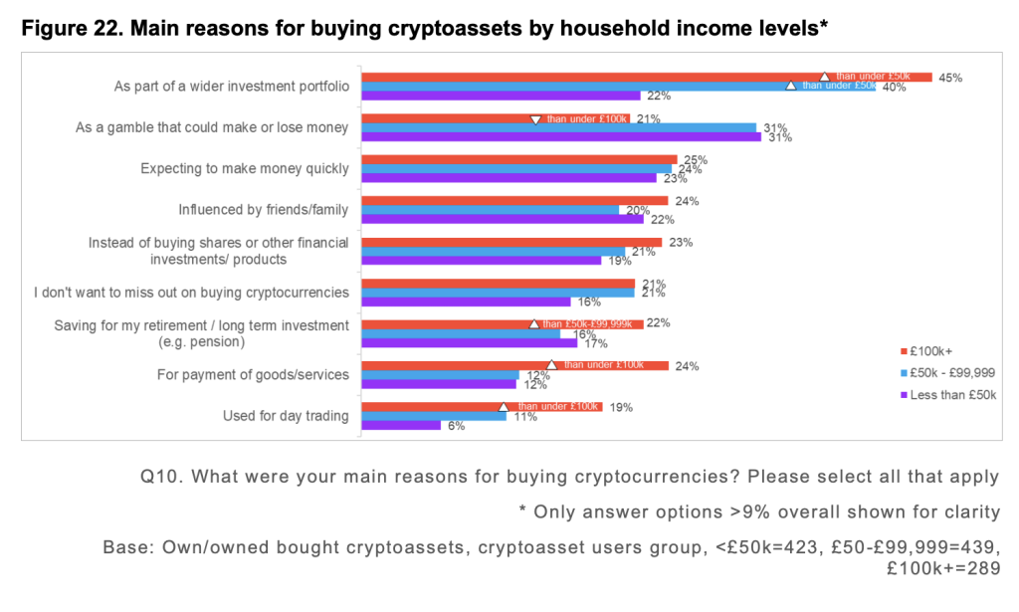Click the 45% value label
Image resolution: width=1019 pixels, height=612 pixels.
[951, 78]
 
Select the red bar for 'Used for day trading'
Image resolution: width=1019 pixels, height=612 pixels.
[482, 407]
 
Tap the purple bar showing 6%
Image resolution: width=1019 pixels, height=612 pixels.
[400, 425]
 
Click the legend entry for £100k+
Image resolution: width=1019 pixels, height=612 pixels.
[931, 351]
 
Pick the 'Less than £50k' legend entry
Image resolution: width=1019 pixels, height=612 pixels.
[945, 394]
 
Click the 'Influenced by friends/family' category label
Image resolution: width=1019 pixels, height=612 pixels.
[263, 210]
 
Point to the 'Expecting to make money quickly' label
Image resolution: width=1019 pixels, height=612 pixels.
[245, 168]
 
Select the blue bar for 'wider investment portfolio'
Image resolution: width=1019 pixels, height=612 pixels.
[618, 87]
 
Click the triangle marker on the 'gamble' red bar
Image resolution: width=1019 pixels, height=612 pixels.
[535, 119]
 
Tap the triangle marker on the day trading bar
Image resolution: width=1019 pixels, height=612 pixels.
[504, 407]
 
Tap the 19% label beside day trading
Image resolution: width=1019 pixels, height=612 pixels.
[621, 407]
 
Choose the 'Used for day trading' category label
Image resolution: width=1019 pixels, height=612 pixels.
[286, 416]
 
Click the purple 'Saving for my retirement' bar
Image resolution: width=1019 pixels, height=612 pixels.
[469, 342]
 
